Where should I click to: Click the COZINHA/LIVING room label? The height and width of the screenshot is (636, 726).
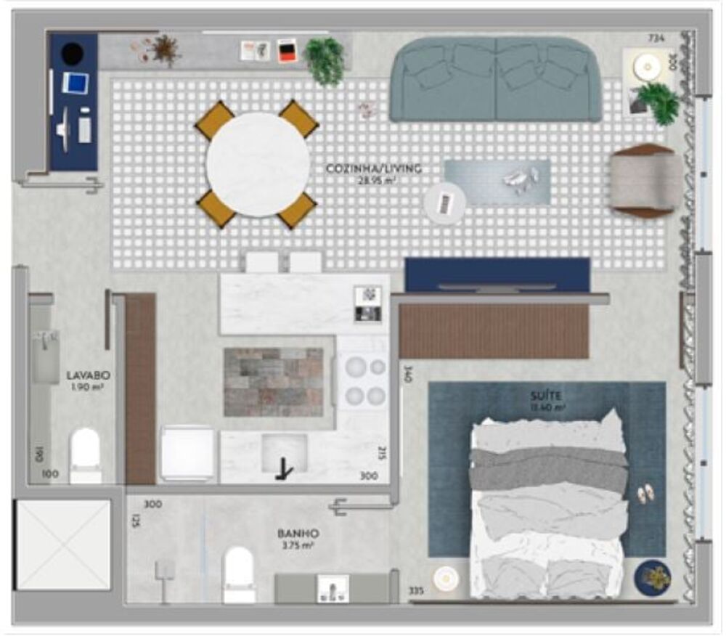(374, 168)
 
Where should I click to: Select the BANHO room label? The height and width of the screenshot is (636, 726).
(298, 533)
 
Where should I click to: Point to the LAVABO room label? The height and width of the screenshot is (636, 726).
(88, 375)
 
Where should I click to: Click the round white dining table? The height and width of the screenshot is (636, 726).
(258, 164)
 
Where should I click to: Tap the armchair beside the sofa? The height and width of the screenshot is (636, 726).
(645, 181)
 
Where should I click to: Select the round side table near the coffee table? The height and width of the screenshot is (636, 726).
(444, 202)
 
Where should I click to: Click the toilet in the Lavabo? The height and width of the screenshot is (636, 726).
(86, 454)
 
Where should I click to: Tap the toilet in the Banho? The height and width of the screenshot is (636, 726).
(239, 574)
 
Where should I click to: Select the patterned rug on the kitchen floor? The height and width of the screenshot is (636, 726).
(273, 382)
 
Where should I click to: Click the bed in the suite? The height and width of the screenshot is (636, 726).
(548, 508)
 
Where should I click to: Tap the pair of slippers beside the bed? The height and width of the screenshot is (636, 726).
(644, 496)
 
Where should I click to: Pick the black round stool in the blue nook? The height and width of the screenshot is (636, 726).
(72, 53)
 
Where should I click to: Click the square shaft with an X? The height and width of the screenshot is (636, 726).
(62, 544)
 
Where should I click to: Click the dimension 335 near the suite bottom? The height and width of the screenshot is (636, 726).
(416, 590)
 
